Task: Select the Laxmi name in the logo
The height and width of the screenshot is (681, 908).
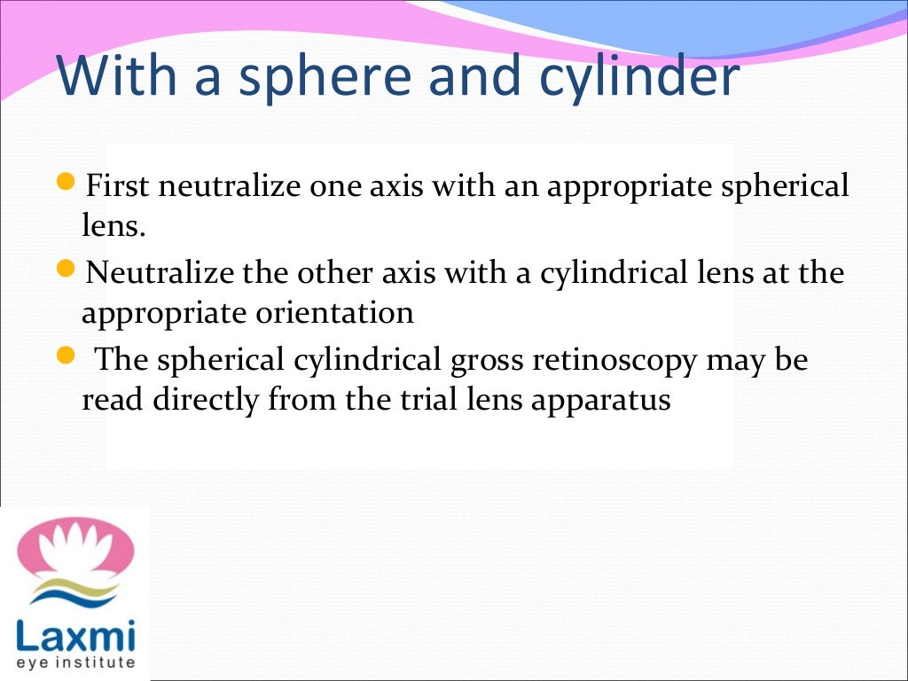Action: [75, 636]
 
